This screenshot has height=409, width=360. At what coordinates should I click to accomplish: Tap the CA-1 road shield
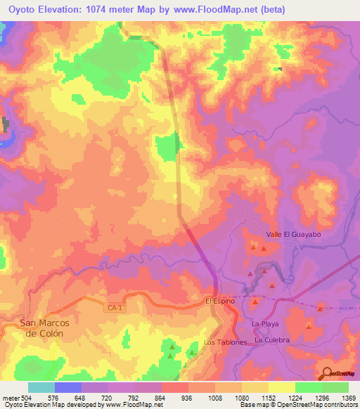113,308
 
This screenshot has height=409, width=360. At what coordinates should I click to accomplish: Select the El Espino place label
219,301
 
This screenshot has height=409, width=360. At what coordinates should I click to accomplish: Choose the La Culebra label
272,340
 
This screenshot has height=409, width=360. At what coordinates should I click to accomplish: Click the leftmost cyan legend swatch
41,387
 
